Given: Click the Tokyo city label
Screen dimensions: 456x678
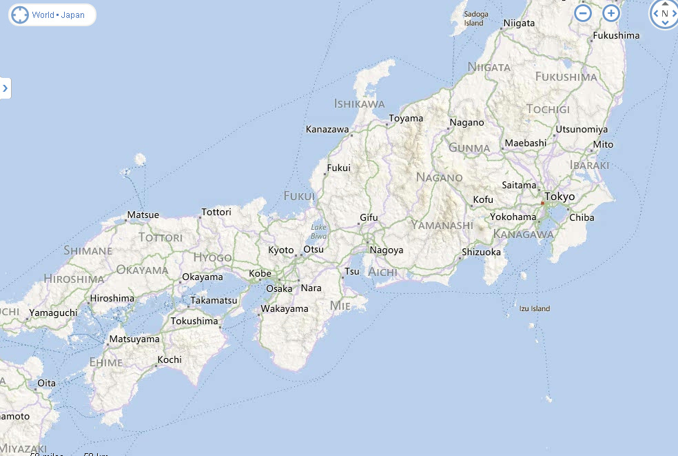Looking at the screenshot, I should (x=559, y=197).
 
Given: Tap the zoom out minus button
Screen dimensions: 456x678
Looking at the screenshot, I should (x=583, y=12).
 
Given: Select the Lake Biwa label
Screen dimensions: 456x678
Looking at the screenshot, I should (x=318, y=231).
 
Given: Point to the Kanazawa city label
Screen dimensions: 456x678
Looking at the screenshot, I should (x=327, y=129).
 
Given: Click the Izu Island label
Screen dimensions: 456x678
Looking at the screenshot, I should (x=535, y=308).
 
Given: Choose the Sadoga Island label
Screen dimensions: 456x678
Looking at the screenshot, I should (x=474, y=19).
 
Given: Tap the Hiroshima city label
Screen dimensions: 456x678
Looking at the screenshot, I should (x=112, y=298).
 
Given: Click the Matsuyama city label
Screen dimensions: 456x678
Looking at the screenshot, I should (x=134, y=339).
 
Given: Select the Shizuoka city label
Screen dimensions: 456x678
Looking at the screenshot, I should (x=481, y=252).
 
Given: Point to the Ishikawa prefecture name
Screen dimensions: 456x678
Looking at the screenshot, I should (x=359, y=103).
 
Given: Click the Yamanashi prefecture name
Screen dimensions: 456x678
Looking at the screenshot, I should (x=442, y=225).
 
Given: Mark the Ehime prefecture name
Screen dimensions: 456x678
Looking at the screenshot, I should (x=106, y=361).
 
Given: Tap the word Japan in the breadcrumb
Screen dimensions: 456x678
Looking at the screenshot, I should (x=73, y=14).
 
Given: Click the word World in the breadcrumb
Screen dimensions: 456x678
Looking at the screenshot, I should (x=43, y=14).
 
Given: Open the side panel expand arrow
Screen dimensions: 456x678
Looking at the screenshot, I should (x=5, y=88).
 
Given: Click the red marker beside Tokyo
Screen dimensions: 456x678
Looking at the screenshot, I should (x=543, y=204).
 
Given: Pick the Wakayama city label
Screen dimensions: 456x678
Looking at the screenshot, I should (x=285, y=308).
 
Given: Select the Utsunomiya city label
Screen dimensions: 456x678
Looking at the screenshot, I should (x=582, y=129).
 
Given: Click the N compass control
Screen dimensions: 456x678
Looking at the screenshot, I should (x=664, y=13).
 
